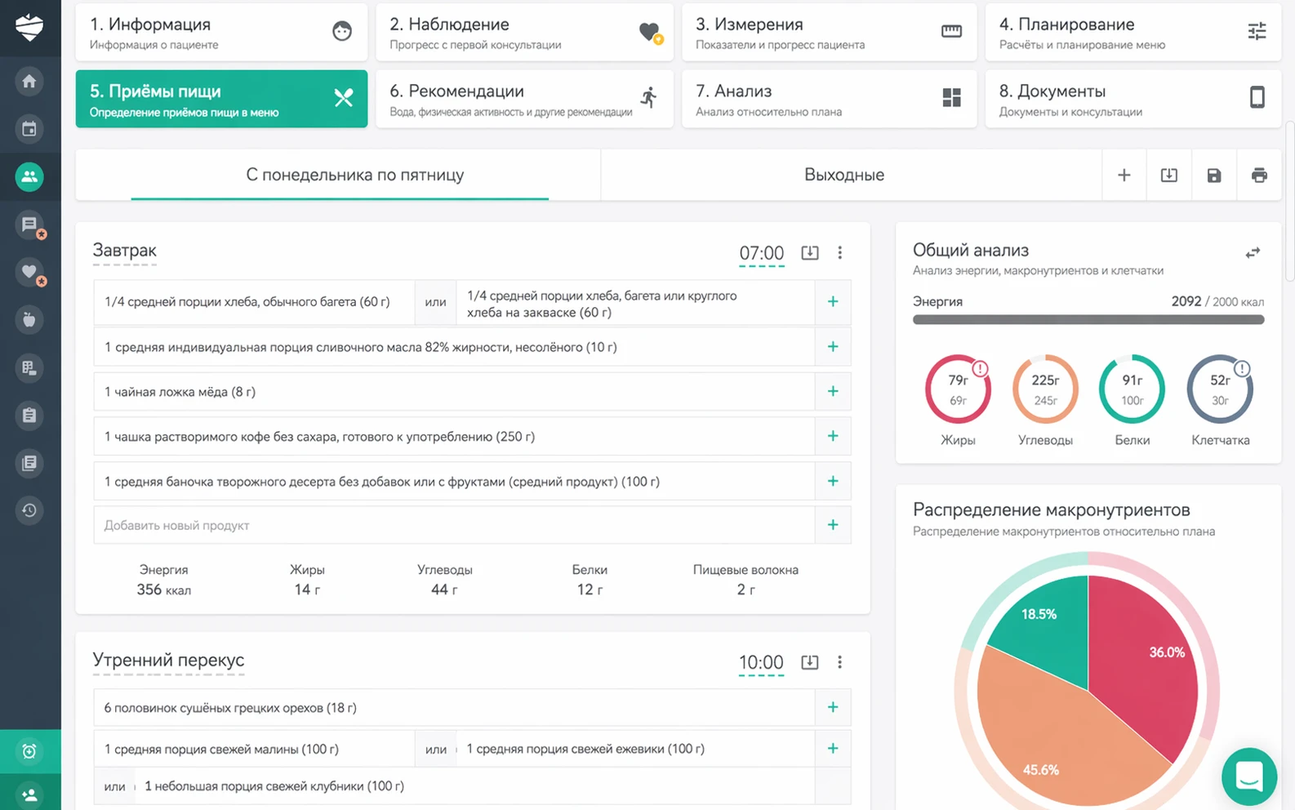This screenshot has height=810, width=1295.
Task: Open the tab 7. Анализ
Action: pyautogui.click(x=829, y=99)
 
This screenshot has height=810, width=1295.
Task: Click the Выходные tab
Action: pyautogui.click(x=844, y=175)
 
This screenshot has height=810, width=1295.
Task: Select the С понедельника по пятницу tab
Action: pyautogui.click(x=354, y=175)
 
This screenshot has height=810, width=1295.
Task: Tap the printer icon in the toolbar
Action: pyautogui.click(x=1259, y=176)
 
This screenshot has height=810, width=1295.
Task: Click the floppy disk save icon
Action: pyautogui.click(x=1213, y=176)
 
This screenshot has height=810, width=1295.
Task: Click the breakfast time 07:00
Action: pyautogui.click(x=761, y=252)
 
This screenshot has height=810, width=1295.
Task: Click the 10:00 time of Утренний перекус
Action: pyautogui.click(x=761, y=662)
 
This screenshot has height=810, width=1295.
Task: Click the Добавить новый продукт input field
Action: pyautogui.click(x=455, y=525)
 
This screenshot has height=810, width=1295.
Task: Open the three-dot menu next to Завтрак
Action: pyautogui.click(x=839, y=252)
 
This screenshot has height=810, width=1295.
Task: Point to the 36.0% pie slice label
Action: pyautogui.click(x=1167, y=652)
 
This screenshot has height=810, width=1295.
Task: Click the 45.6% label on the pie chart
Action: pyautogui.click(x=1040, y=769)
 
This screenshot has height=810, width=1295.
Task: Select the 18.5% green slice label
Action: pyautogui.click(x=1039, y=614)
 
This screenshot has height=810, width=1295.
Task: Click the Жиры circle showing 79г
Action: pyautogui.click(x=958, y=389)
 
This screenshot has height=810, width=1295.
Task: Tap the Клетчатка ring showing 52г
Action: pyautogui.click(x=1220, y=389)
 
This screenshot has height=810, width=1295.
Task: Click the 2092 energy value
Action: pyautogui.click(x=1186, y=301)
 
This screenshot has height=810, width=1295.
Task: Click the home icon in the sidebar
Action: pyautogui.click(x=29, y=81)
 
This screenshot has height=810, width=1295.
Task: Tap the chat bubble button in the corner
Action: pyautogui.click(x=1248, y=776)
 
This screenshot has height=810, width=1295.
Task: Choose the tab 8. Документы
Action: pyautogui.click(x=1133, y=99)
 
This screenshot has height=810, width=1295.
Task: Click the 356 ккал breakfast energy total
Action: pyautogui.click(x=163, y=590)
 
